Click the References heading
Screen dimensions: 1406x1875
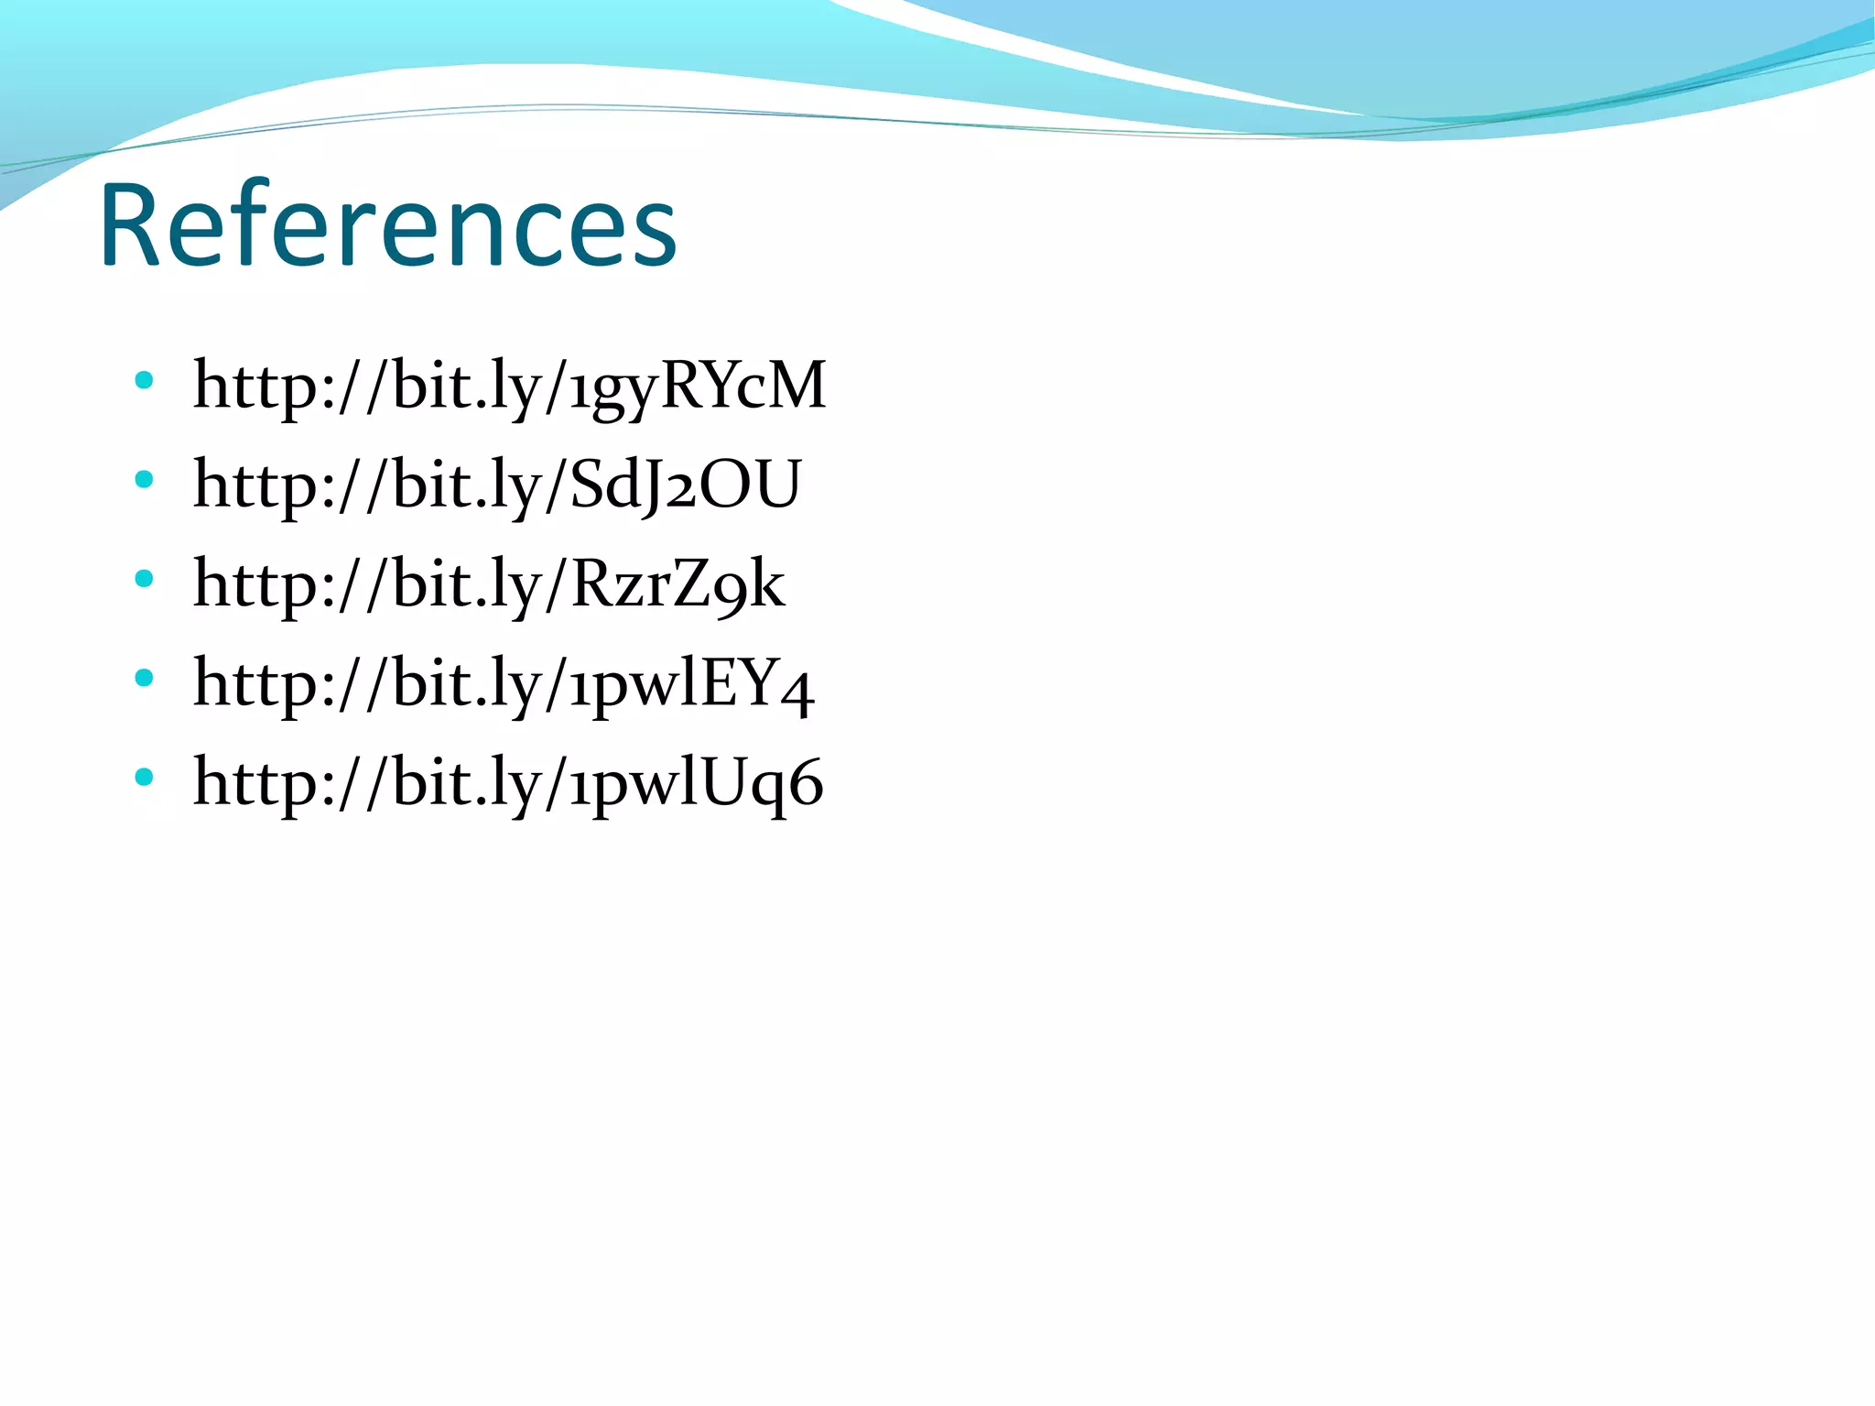pyautogui.click(x=388, y=225)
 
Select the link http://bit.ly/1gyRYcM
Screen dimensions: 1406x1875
pyautogui.click(x=509, y=386)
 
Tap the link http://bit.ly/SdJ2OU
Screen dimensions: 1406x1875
pyautogui.click(x=497, y=485)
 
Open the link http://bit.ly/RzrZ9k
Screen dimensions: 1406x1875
pyautogui.click(x=489, y=584)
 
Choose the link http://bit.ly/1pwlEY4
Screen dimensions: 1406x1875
pyautogui.click(x=504, y=683)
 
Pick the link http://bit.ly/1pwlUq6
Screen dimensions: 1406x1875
pyautogui.click(x=508, y=782)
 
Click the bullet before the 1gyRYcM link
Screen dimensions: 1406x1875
pyautogui.click(x=143, y=379)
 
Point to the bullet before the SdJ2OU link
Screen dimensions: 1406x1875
pyautogui.click(x=143, y=478)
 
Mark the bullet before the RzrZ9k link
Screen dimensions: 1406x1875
pyautogui.click(x=143, y=578)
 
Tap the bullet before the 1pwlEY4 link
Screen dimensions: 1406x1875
pyautogui.click(x=143, y=677)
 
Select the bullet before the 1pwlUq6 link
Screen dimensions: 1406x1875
pyautogui.click(x=143, y=777)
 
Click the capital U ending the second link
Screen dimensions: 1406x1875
pyautogui.click(x=774, y=485)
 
